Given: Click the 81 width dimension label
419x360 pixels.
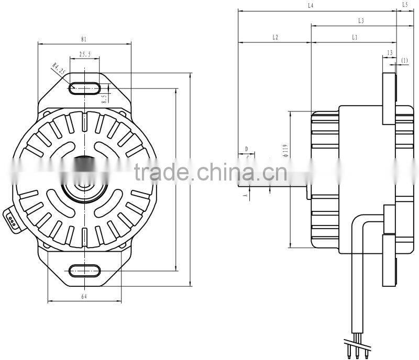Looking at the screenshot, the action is [x=84, y=39].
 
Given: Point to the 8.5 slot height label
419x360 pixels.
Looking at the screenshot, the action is [x=104, y=97].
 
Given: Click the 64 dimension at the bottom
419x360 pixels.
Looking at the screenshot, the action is [x=84, y=297].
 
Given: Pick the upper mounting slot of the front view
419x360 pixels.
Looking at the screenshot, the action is [x=84, y=87].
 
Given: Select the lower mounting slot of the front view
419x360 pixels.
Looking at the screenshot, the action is [x=84, y=271].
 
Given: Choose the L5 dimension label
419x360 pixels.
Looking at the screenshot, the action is [x=405, y=5].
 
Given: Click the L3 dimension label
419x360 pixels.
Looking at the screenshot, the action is [x=361, y=21].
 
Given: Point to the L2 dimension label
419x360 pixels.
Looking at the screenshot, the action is [x=274, y=38].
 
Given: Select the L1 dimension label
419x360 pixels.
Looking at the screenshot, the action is [x=355, y=38].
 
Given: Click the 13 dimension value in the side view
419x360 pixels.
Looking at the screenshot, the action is [x=389, y=53].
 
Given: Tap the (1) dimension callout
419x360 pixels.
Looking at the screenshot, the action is [x=404, y=61].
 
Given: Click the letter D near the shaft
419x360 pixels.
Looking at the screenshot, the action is [x=246, y=149].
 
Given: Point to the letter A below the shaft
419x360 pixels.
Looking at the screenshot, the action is [x=244, y=195].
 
